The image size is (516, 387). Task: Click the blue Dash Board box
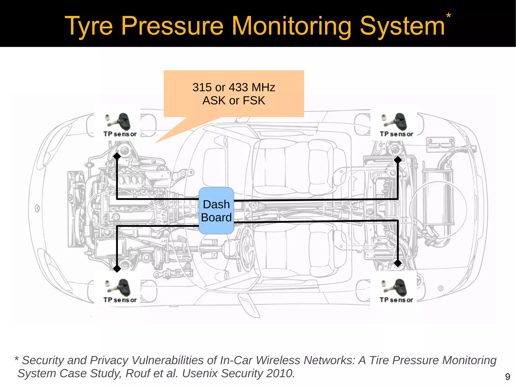point(216,211)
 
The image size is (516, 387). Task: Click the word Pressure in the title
point(172,26)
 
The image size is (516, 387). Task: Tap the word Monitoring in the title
point(292,26)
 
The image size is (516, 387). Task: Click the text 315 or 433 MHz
point(234,87)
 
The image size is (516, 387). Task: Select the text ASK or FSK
point(234,101)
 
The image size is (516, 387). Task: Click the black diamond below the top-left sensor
point(117,156)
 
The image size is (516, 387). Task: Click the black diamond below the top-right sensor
point(398,160)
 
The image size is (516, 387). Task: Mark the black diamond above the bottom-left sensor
point(117,269)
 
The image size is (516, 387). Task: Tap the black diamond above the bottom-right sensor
point(398,263)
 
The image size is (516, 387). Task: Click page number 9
point(507,377)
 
